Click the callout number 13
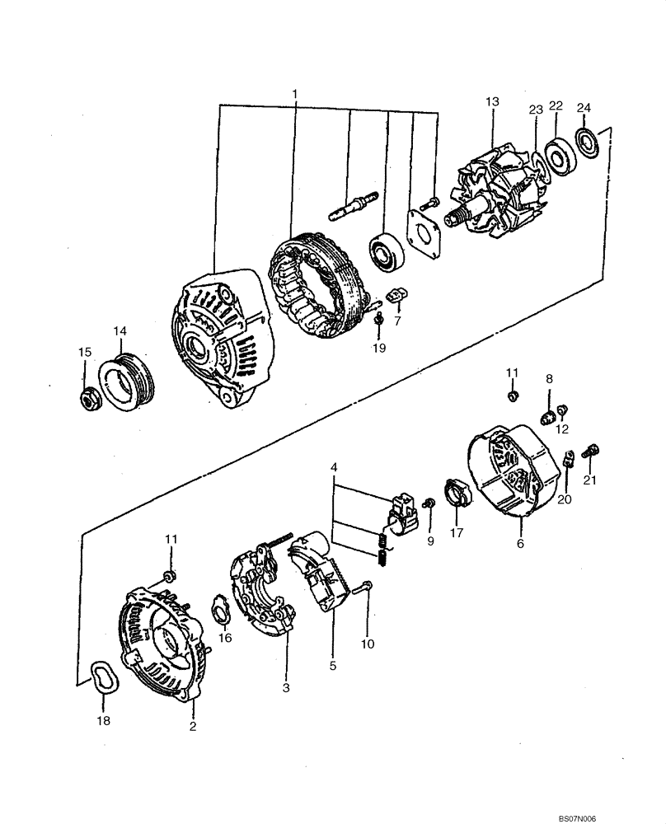pyautogui.click(x=492, y=101)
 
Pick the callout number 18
pyautogui.click(x=103, y=720)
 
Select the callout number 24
pyautogui.click(x=584, y=106)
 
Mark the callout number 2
pyautogui.click(x=193, y=726)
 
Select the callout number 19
pyautogui.click(x=378, y=348)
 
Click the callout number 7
pyautogui.click(x=397, y=321)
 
